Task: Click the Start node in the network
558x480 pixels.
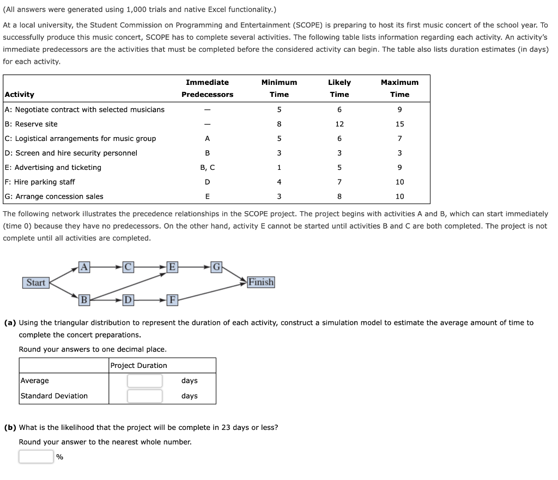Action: tap(36, 282)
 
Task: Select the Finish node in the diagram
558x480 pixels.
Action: tap(261, 282)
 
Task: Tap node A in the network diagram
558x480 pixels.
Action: tap(84, 266)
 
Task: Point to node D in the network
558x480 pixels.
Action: tap(128, 299)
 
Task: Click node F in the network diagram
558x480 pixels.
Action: tap(172, 299)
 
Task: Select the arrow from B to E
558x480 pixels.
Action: tap(128, 286)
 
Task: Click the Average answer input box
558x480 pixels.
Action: tap(144, 381)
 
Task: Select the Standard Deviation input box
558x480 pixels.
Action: tap(144, 396)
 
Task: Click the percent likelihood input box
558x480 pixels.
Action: tap(36, 457)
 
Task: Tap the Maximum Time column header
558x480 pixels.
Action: tap(399, 88)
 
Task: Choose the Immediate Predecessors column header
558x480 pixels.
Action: tap(207, 88)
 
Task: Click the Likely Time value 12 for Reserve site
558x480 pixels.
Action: tap(339, 124)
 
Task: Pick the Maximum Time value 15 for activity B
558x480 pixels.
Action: tap(399, 124)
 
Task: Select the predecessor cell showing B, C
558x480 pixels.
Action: tap(207, 168)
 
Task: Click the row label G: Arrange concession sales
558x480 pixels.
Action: tap(54, 196)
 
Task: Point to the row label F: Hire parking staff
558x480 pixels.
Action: tap(40, 182)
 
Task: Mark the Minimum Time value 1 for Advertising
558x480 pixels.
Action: tap(279, 168)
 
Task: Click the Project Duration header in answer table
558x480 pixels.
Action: tap(139, 366)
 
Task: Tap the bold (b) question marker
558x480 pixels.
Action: tap(10, 427)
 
